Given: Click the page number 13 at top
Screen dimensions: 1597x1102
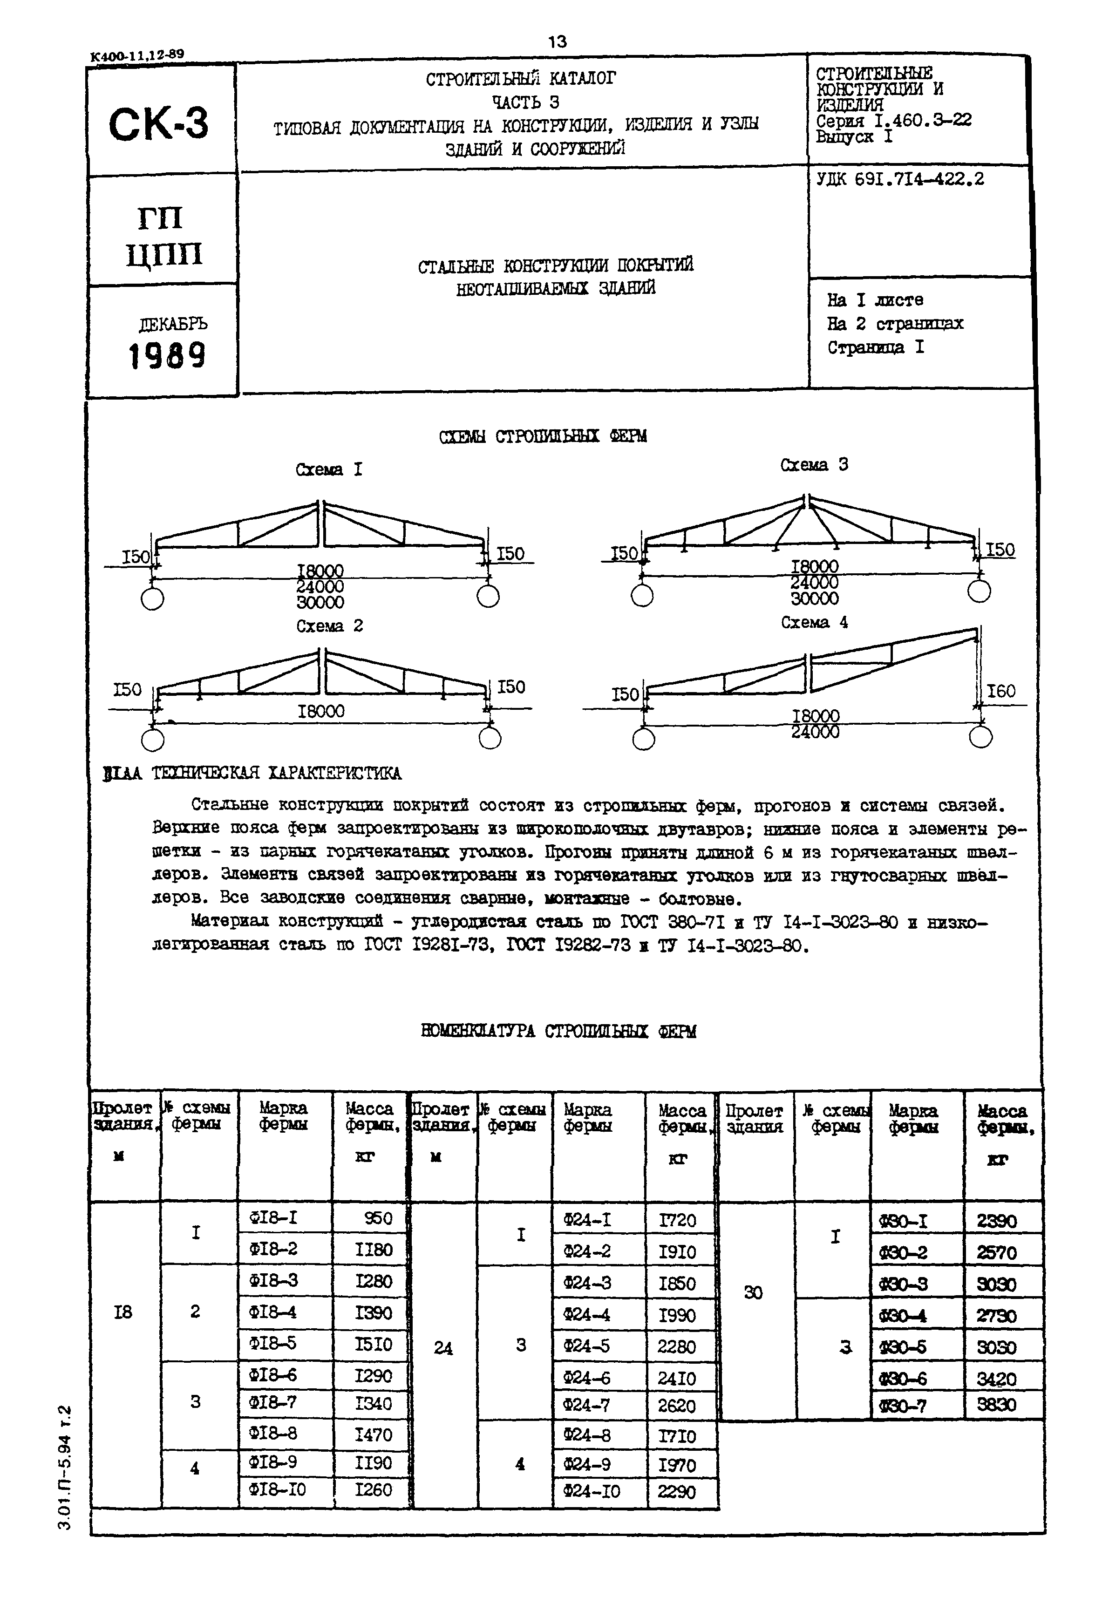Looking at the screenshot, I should [557, 42].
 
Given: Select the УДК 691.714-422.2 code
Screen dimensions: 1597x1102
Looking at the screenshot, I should [900, 179].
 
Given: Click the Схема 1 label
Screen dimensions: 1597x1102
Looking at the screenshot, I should [329, 469].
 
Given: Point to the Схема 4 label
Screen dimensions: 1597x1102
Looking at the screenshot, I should [814, 622].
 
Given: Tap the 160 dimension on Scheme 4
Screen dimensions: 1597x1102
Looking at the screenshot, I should [1000, 691].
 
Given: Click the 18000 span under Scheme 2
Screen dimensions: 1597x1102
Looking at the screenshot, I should [321, 711].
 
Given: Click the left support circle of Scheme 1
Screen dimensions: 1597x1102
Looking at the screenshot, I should [152, 598].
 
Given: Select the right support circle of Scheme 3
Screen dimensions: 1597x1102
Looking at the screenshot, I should [979, 591].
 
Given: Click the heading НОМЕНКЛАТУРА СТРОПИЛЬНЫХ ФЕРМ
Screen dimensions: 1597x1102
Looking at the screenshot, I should [558, 1031].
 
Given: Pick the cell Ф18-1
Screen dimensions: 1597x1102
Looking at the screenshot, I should [273, 1217].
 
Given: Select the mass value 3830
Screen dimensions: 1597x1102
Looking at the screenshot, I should [996, 1404].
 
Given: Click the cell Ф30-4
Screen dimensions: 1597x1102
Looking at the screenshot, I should [902, 1316].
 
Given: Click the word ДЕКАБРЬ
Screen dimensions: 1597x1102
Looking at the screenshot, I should [173, 324].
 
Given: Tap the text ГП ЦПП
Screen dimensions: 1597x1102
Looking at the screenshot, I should [163, 237].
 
